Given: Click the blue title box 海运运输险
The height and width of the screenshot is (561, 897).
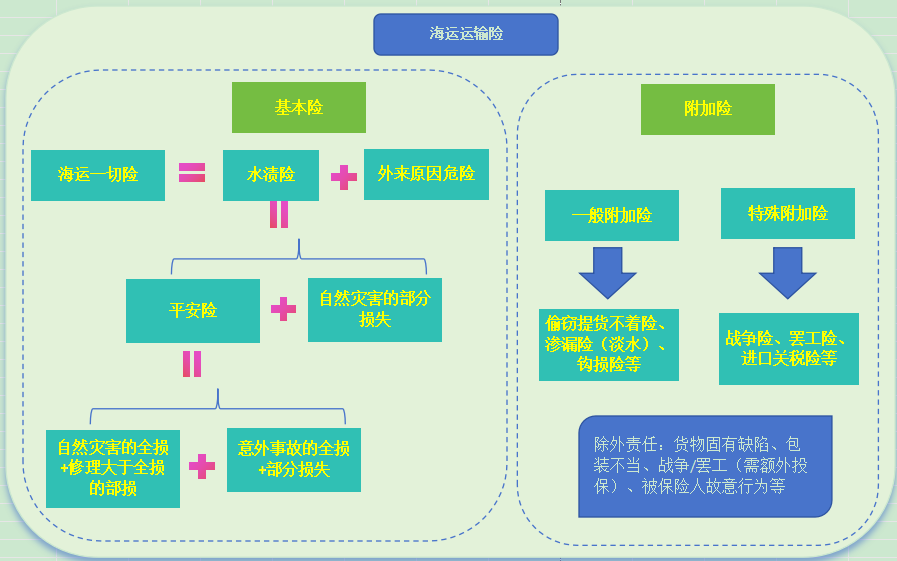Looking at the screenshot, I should [x=465, y=34].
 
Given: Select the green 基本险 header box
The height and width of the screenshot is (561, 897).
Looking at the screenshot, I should [x=298, y=108].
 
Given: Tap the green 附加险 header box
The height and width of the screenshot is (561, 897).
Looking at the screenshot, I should [x=707, y=109].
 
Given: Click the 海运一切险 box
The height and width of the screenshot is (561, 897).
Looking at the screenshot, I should [x=97, y=175].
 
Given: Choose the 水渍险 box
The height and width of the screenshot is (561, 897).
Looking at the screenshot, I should [x=270, y=175].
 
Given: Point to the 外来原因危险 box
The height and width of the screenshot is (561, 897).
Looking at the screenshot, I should [x=426, y=174].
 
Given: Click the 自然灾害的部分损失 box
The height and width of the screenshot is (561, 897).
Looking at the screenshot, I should [x=374, y=310].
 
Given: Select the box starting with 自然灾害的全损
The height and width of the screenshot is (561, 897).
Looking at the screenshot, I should [x=113, y=469].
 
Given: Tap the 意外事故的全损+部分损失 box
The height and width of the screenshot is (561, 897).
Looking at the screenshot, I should [x=294, y=460].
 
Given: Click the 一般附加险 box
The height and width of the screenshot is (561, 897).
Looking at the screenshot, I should [x=611, y=215].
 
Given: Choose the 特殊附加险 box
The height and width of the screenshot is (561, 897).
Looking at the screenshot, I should [x=787, y=214].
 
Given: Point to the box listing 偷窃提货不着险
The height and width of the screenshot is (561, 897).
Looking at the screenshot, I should [x=608, y=344].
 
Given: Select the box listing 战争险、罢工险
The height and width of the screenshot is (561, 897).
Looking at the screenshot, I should [x=788, y=348].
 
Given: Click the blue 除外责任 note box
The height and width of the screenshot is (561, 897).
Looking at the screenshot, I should [x=705, y=466].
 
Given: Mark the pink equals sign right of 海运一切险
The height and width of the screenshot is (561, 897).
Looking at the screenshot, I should [x=192, y=172].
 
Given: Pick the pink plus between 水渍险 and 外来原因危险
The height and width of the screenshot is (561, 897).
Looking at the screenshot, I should [x=343, y=178].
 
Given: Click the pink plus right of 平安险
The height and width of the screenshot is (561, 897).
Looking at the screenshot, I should [x=283, y=309].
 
